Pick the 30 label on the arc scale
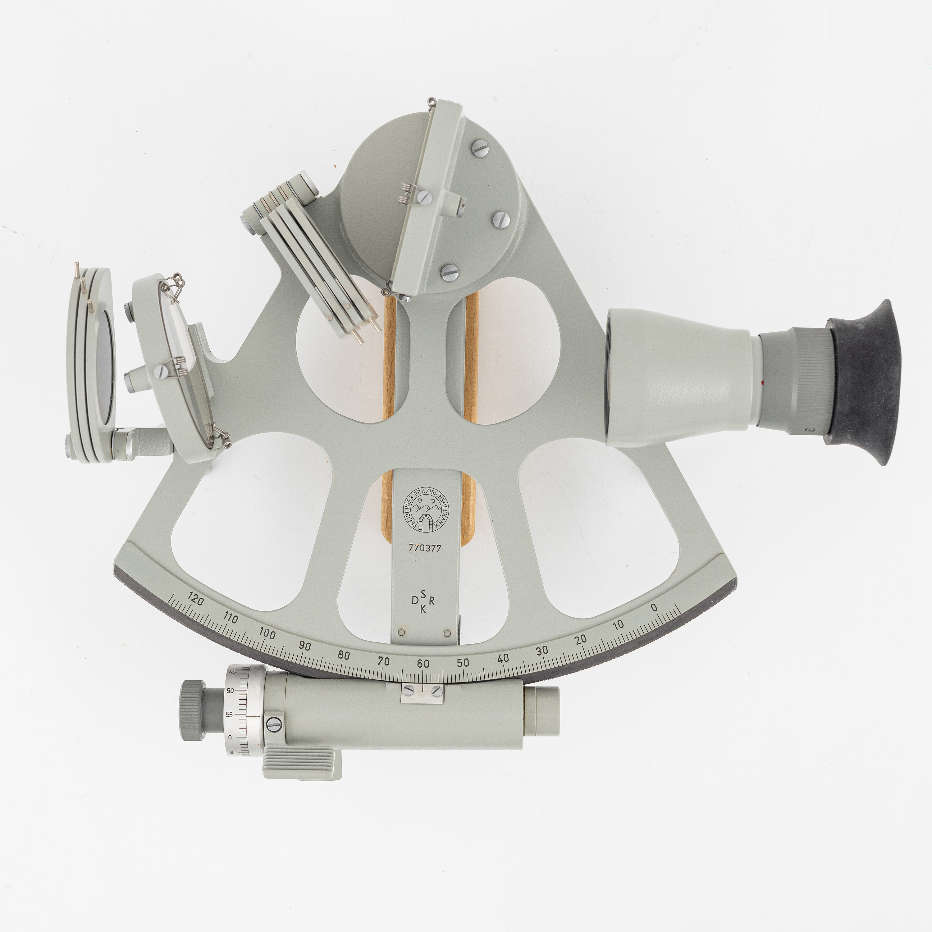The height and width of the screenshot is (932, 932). (542, 650)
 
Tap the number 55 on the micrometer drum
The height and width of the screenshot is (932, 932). (230, 715)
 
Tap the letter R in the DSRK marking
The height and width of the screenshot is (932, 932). (432, 601)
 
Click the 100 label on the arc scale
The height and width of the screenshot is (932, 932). (267, 634)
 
